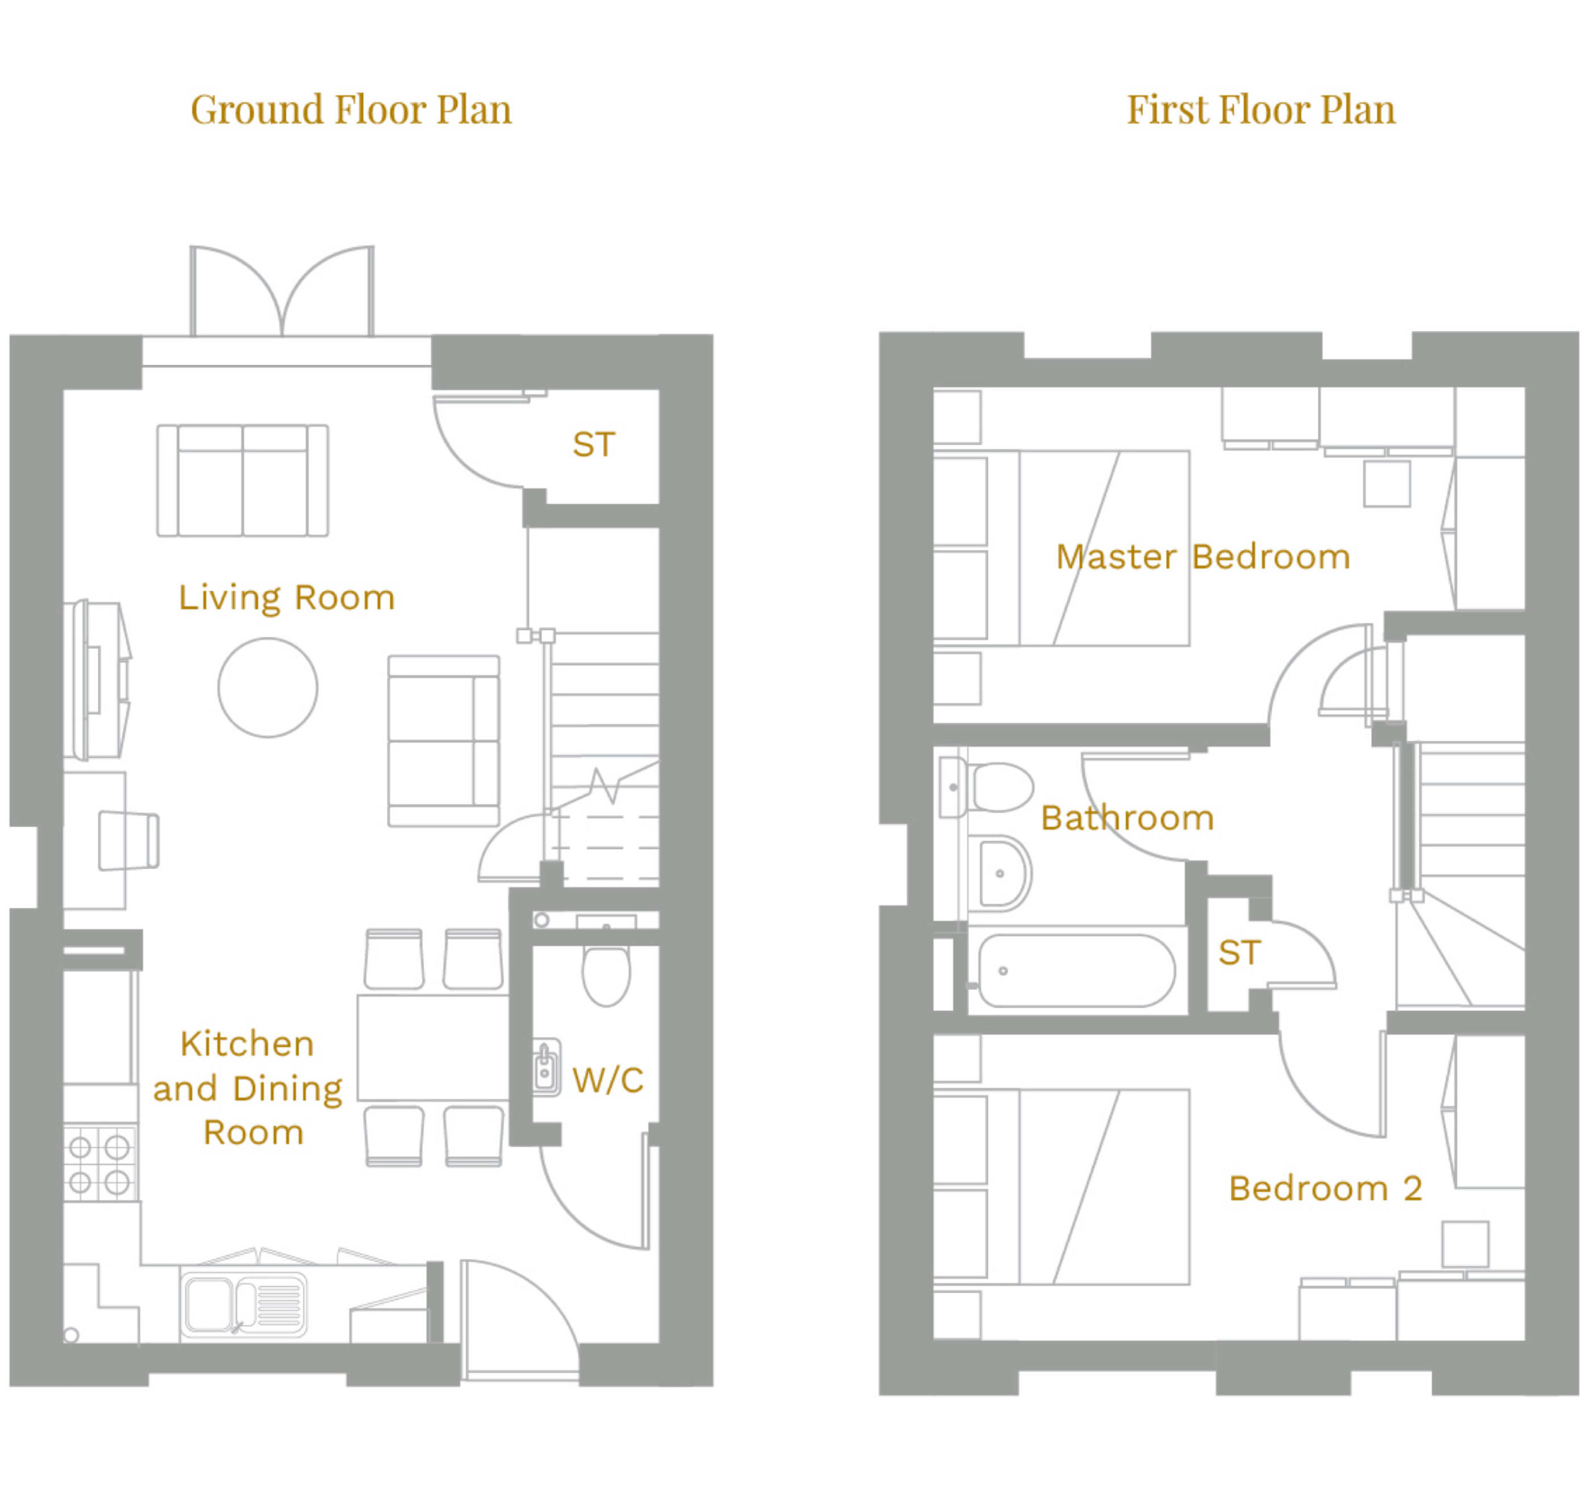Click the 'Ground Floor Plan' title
coord(351,111)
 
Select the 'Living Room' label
coord(286,598)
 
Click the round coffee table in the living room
coord(268,687)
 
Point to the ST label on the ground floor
coord(593,445)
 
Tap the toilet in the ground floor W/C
coord(606,976)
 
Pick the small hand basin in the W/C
coord(547,1067)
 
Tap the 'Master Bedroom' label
coord(1203,556)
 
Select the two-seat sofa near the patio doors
coord(242,481)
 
